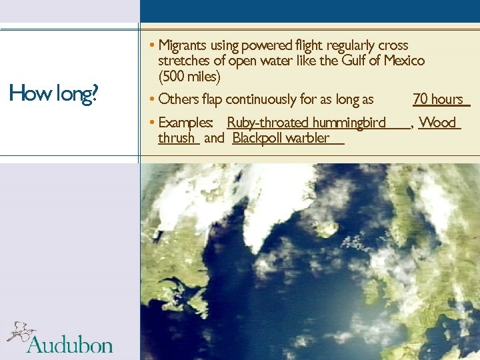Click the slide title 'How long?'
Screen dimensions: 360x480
(x=53, y=94)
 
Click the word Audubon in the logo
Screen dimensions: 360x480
(x=70, y=345)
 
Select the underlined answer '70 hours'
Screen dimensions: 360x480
(x=438, y=99)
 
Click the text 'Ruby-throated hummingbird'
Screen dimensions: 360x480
(x=306, y=123)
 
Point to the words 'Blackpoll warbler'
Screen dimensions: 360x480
(x=281, y=138)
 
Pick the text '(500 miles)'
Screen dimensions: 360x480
(x=189, y=76)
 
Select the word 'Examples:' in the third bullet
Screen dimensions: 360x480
(x=186, y=123)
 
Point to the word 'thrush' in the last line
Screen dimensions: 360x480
(x=177, y=138)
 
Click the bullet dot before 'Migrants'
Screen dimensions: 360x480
(x=153, y=45)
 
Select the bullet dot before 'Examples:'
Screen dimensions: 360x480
(x=153, y=123)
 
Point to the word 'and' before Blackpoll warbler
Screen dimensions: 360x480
(x=213, y=138)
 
